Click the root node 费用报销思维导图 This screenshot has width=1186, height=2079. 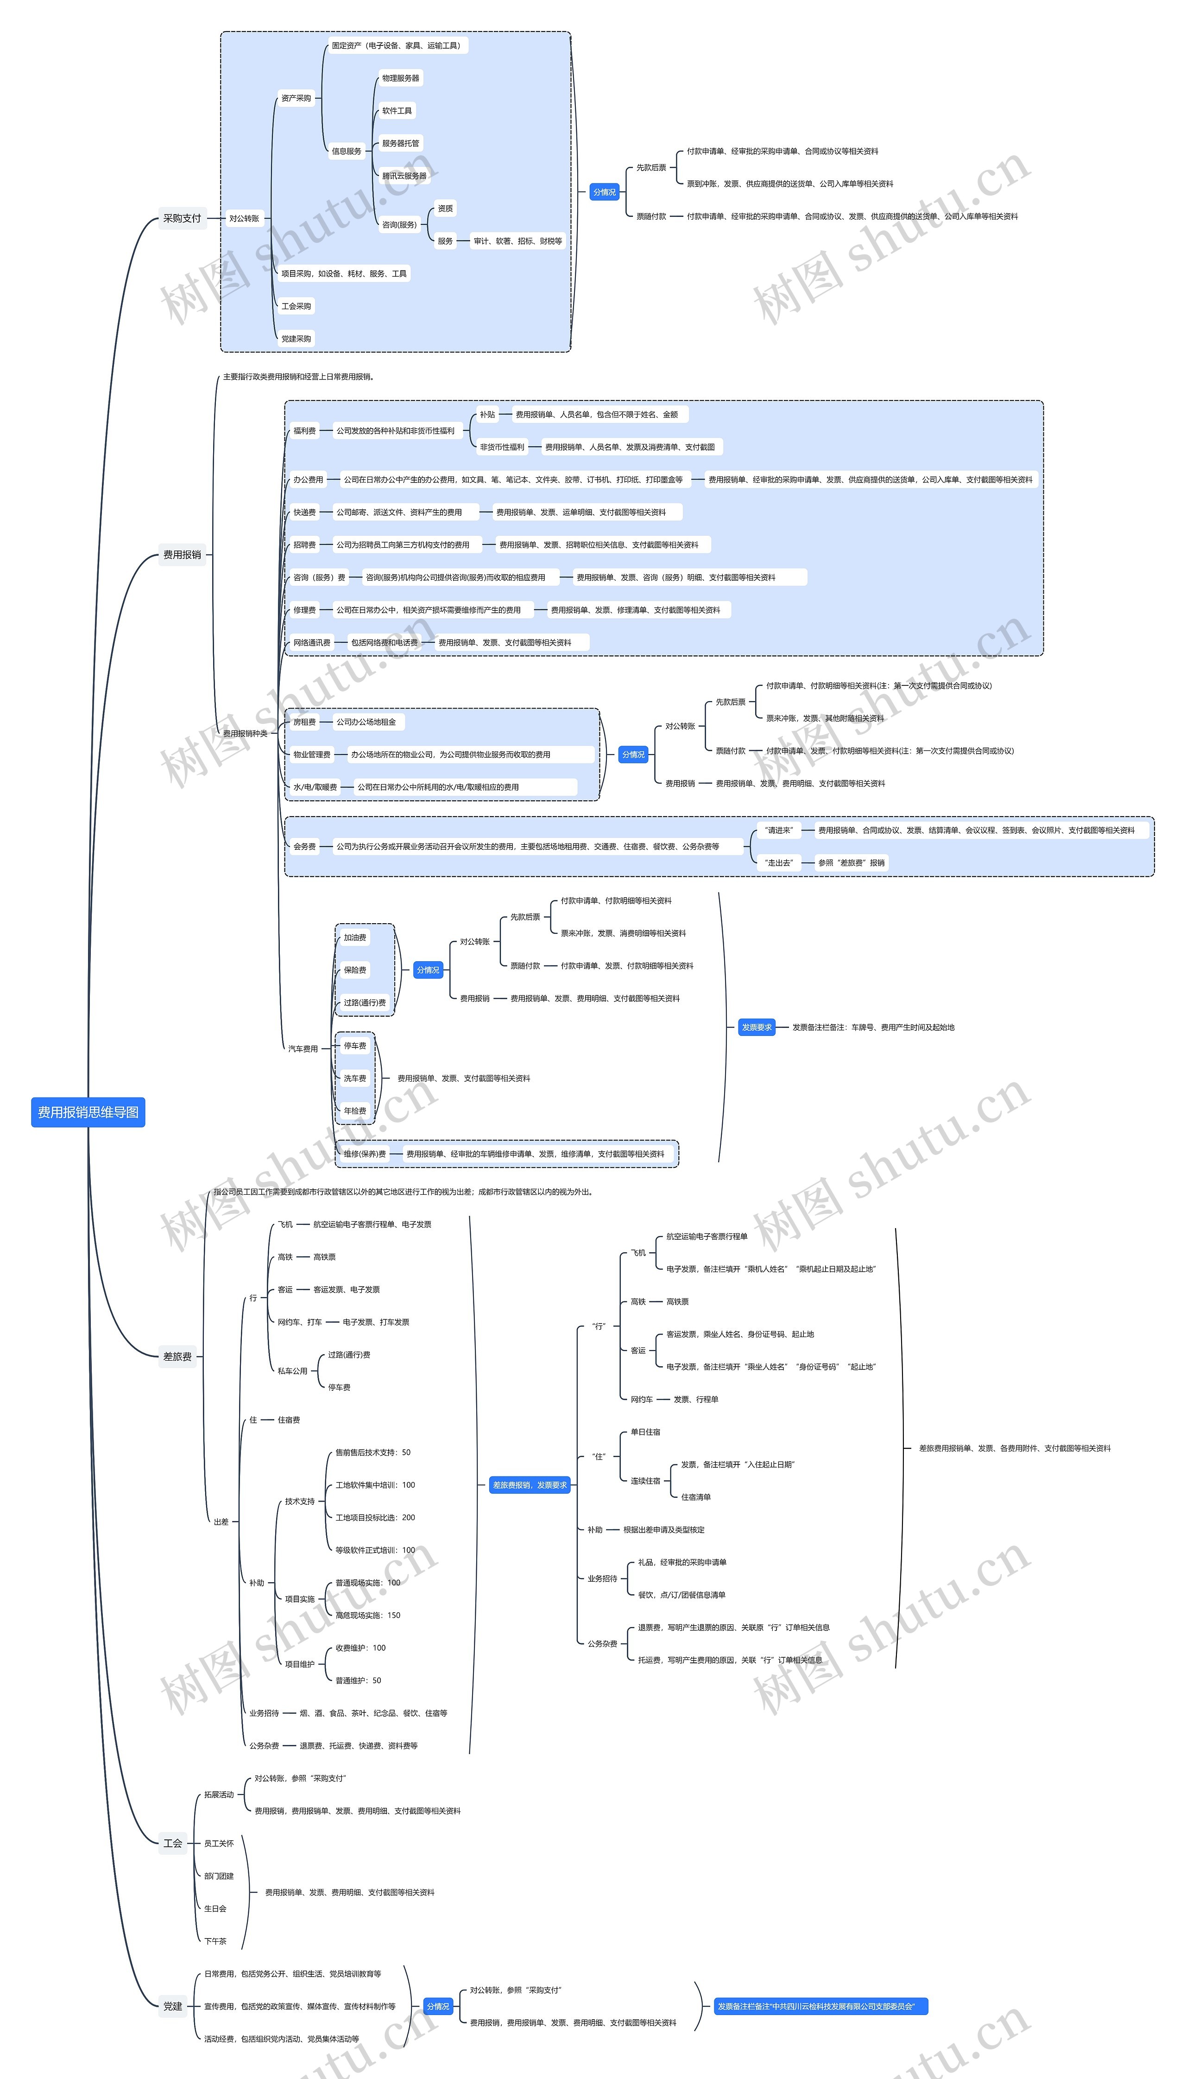point(88,1112)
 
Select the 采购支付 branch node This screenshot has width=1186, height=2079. point(182,218)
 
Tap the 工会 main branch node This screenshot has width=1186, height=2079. point(173,1843)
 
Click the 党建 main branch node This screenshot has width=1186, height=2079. point(173,2006)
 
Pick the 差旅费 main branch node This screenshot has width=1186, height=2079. point(177,1356)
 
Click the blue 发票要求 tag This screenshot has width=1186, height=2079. point(756,1027)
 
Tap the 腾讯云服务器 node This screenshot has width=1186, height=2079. point(404,176)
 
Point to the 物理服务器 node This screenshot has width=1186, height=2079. point(401,78)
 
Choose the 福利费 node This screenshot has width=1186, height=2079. point(305,431)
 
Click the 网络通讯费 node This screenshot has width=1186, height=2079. point(312,643)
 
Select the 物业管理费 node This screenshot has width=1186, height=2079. point(312,754)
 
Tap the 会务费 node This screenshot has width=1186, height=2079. point(305,846)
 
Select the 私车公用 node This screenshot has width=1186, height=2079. point(292,1371)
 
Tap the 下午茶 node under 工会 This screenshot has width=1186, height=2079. point(215,1940)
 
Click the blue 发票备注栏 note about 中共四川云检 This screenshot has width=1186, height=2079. point(820,2006)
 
